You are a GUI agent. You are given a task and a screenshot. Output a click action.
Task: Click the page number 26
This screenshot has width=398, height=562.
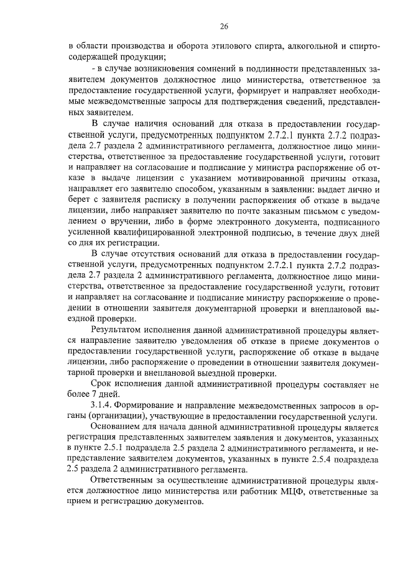[224, 26]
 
